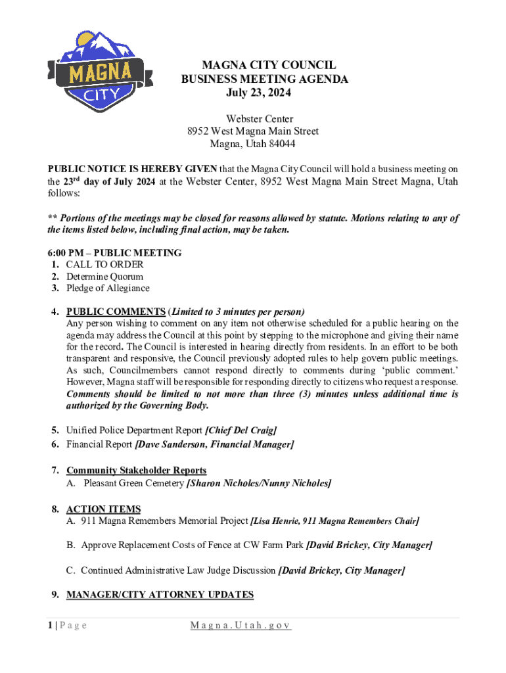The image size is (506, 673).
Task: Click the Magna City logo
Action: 100,72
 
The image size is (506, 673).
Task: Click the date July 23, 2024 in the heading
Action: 258,93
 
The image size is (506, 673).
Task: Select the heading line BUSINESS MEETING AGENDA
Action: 264,80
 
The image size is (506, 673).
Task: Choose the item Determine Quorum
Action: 104,277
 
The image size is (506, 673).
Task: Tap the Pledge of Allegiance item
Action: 108,289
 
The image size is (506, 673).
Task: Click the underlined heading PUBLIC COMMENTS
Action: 116,312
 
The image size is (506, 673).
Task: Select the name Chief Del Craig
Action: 241,430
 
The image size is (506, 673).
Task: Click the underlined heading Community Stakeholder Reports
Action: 136,471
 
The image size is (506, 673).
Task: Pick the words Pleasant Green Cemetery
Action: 133,484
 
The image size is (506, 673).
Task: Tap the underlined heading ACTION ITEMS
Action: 103,509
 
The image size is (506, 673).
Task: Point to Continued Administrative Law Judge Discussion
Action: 178,570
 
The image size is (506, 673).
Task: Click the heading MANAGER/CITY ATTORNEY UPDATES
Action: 160,595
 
